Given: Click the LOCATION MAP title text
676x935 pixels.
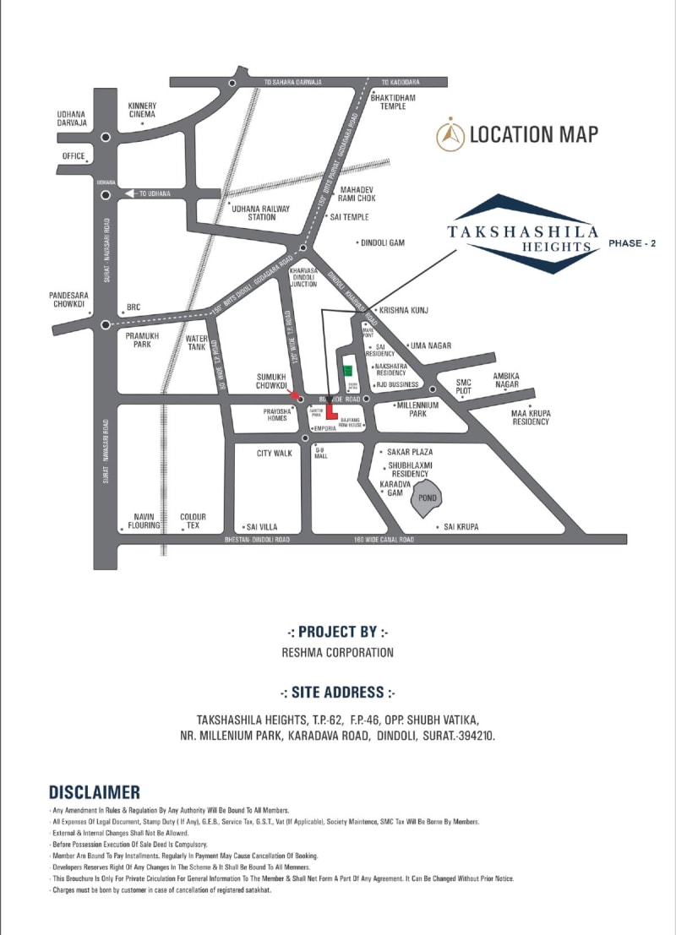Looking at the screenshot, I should [533, 133].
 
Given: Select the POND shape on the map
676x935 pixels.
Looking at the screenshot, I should [428, 498].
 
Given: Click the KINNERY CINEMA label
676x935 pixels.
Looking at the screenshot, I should [143, 111].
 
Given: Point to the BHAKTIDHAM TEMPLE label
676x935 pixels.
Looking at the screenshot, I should [394, 101].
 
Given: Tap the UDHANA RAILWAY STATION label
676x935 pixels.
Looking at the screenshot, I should [260, 212].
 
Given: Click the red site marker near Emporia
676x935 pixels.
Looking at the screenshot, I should [331, 413].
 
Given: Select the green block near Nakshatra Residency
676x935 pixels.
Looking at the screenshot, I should [347, 370].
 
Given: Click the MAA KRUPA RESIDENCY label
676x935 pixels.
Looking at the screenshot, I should [531, 416].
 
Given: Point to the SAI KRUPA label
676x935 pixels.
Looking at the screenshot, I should [461, 526].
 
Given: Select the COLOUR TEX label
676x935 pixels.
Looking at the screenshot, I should [193, 521].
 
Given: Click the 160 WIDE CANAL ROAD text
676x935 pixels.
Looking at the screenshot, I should [384, 539].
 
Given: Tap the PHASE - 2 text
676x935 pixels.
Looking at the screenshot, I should [632, 242].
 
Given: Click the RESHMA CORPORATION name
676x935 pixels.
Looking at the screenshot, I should [338, 652].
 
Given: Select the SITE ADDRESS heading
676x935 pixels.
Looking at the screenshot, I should [339, 692].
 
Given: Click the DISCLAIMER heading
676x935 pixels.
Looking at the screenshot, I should [94, 792].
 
